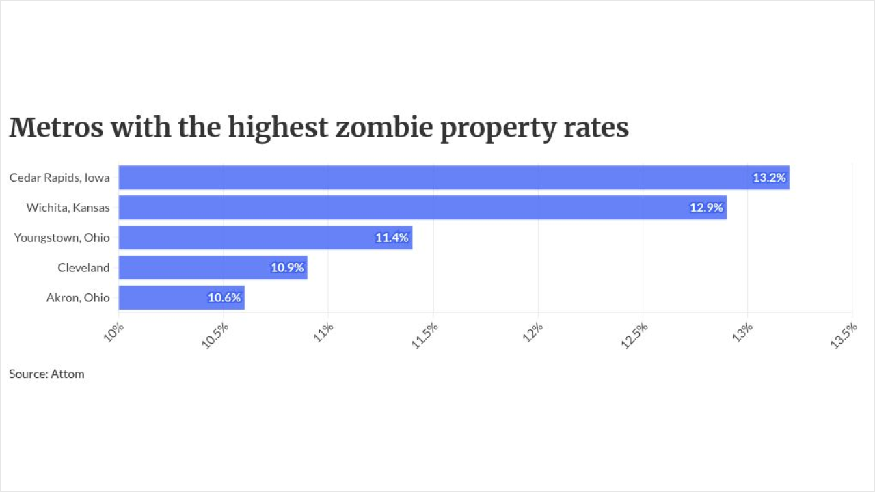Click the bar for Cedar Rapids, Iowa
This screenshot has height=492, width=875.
(x=454, y=178)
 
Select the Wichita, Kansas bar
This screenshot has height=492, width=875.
(x=422, y=208)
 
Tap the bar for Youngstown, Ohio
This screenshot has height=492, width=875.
(x=266, y=237)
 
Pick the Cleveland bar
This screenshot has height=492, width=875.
(x=213, y=267)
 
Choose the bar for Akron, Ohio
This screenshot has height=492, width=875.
(x=182, y=297)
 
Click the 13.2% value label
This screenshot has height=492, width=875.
(x=769, y=178)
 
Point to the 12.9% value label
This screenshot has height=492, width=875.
(x=706, y=208)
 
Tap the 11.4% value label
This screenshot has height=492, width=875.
(x=392, y=237)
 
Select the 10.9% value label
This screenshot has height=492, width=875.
(x=287, y=267)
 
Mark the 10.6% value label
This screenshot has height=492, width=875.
(x=224, y=297)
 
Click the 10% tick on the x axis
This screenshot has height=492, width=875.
(x=113, y=332)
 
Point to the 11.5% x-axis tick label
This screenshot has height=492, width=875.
(x=425, y=336)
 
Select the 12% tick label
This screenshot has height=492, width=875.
(x=533, y=332)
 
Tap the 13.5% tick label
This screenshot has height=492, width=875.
(x=844, y=336)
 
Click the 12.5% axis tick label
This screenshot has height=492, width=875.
(x=634, y=336)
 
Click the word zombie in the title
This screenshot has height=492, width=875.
(x=384, y=127)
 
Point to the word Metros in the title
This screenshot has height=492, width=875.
(x=56, y=127)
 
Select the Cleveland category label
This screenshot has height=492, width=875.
(x=83, y=267)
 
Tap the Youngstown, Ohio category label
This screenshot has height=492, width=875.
(x=62, y=238)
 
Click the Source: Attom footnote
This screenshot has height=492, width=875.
(x=46, y=374)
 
